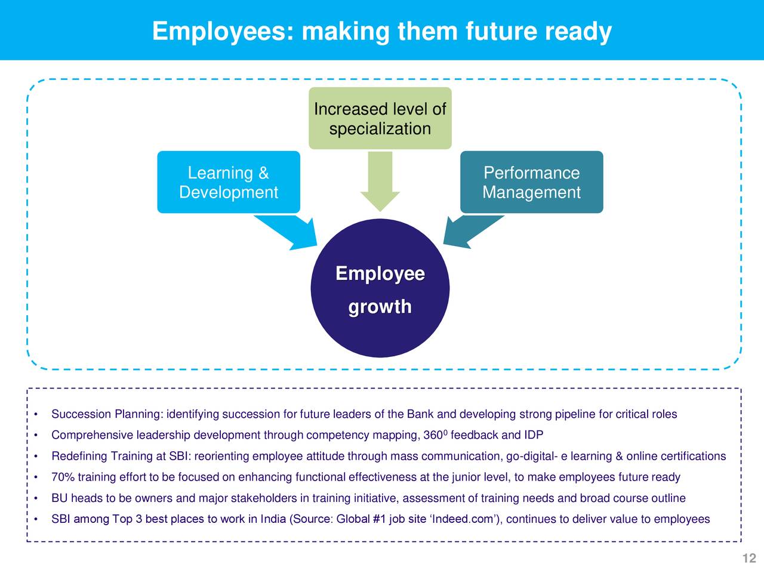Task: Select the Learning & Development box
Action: pos(229,182)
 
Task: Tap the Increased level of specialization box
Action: pos(380,118)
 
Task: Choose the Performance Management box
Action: pos(531,182)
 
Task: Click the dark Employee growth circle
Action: pos(380,288)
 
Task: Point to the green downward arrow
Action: pos(380,181)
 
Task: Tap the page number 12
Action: pos(749,558)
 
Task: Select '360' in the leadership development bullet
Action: pos(433,435)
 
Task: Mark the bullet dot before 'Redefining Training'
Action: pos(36,457)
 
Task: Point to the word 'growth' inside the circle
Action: pos(380,307)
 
